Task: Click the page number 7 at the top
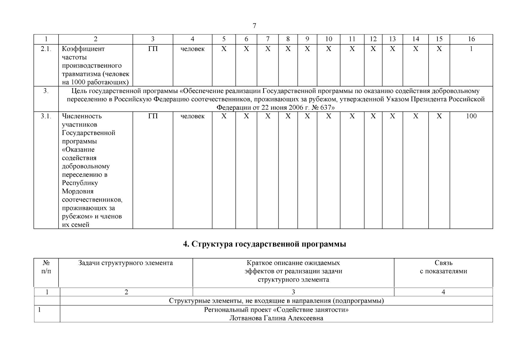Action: tap(254, 26)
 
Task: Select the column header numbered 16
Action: tap(471, 39)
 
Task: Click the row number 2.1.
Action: tap(46, 49)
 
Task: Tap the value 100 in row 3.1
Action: tap(471, 116)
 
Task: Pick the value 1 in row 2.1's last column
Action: tap(471, 49)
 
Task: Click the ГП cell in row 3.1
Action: tap(153, 116)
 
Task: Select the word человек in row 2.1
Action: tap(193, 49)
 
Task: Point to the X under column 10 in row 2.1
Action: tap(328, 49)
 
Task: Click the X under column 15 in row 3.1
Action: tap(439, 116)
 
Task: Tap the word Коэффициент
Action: tap(83, 49)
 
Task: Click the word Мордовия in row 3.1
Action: tap(78, 191)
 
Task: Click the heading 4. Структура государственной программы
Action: tap(265, 244)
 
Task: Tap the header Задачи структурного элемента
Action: tap(125, 263)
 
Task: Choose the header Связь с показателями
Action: tap(443, 267)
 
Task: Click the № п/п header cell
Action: tap(46, 267)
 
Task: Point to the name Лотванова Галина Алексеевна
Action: tap(276, 318)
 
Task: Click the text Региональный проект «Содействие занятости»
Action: tap(276, 310)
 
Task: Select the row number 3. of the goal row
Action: tap(46, 91)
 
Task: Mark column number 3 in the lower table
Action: tap(293, 292)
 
